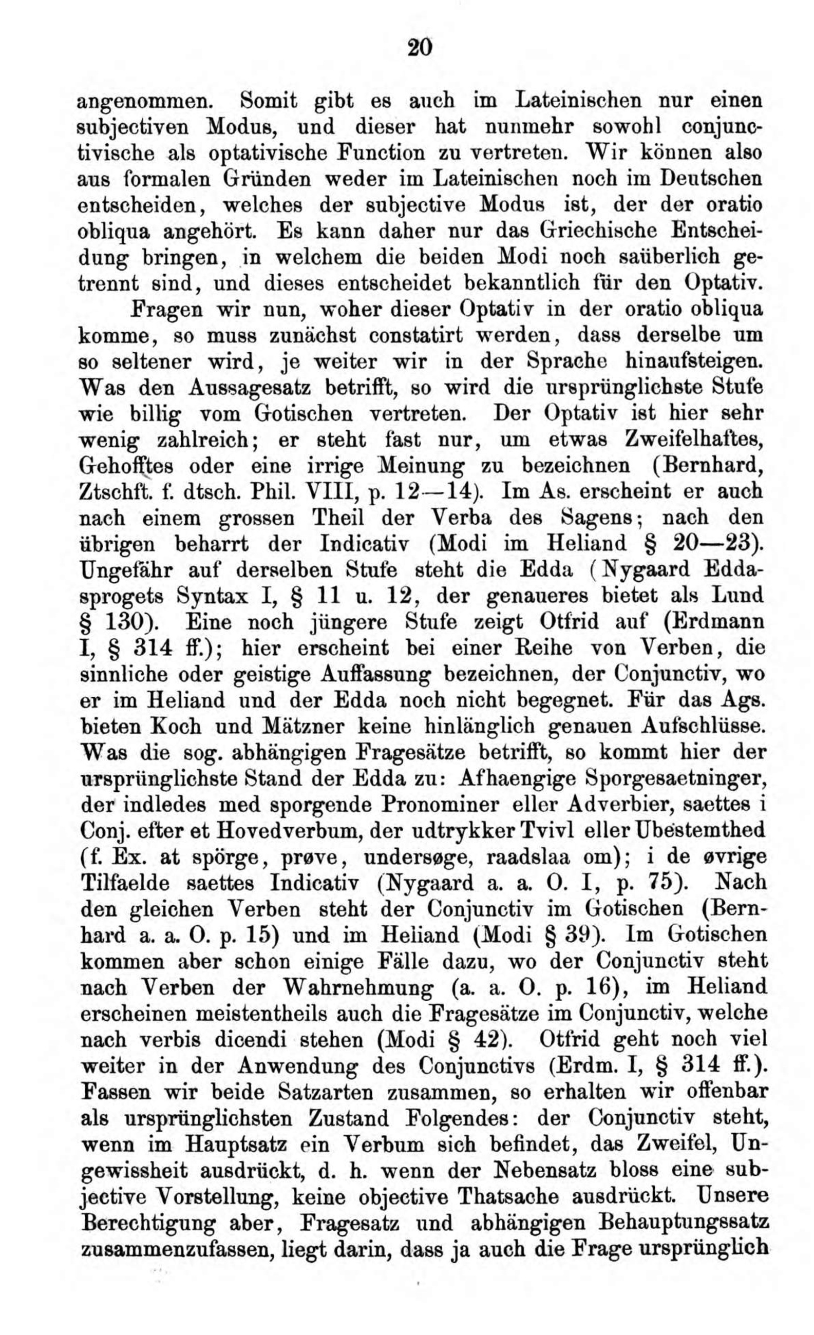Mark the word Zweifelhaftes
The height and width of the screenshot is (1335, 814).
(x=694, y=440)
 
